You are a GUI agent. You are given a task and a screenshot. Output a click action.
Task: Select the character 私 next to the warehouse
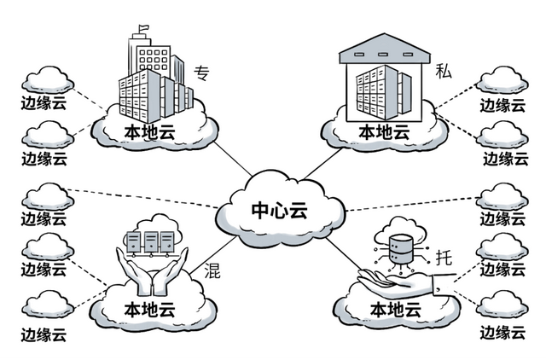click(443, 70)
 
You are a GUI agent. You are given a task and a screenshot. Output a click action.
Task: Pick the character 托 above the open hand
click(444, 255)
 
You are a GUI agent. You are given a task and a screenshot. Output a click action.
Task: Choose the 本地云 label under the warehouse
click(383, 132)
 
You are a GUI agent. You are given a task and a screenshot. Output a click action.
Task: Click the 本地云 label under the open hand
click(395, 308)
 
